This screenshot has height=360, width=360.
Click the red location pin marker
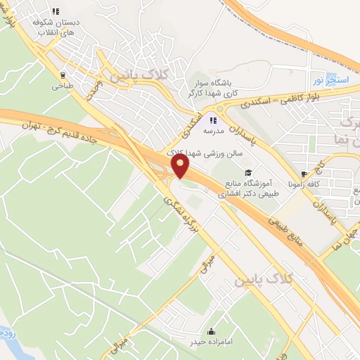(x=181, y=165)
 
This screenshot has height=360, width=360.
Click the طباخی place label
(x=57, y=86)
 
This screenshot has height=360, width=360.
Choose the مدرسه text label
(x=214, y=131)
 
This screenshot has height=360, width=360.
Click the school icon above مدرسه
(x=214, y=120)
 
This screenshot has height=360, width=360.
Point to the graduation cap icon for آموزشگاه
(x=247, y=172)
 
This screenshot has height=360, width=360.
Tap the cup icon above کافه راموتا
(x=303, y=173)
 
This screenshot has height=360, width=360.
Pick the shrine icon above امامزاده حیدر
(x=212, y=331)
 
